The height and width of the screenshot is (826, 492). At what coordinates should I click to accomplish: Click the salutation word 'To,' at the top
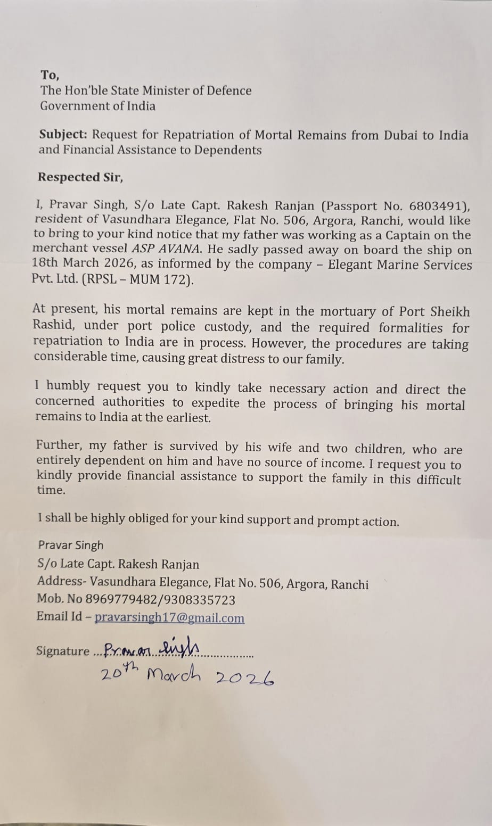tap(51, 75)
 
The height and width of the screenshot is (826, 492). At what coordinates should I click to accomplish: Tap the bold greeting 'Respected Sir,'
tap(80, 177)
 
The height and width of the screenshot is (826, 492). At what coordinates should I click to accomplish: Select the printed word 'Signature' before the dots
tap(63, 651)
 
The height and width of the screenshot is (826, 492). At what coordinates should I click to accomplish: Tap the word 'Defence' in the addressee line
tap(228, 90)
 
